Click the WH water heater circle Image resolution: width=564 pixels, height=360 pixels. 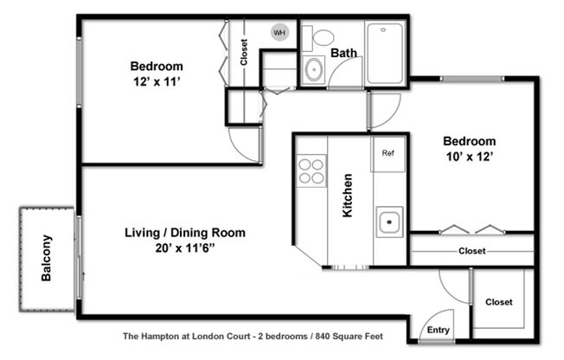coord(279,33)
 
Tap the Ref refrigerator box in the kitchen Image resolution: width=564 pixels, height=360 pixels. coord(388,154)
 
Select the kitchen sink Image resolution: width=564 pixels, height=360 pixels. coord(389,222)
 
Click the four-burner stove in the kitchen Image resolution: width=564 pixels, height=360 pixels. coord(311,170)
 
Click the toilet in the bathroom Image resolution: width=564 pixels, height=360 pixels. coord(324,37)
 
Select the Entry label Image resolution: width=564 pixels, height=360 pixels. coord(439,331)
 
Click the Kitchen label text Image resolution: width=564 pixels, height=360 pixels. coord(348,195)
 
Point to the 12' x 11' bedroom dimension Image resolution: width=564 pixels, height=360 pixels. coord(157,81)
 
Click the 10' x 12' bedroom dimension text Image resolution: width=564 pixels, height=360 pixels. coord(470,157)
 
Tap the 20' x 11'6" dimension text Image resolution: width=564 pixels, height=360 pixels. coord(185,248)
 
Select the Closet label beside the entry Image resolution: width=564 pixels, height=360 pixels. coord(498,302)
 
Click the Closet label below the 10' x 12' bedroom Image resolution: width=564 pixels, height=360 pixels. coord(471,251)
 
